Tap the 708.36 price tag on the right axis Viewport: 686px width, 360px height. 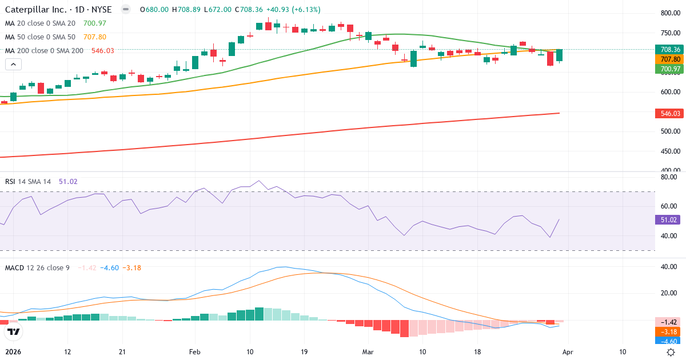tap(669, 50)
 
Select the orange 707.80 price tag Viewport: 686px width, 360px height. tap(669, 59)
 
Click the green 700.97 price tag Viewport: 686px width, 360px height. tap(669, 69)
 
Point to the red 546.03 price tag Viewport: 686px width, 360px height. tap(669, 114)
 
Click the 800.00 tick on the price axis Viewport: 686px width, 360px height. tap(669, 13)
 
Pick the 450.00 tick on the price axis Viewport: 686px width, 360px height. tap(669, 151)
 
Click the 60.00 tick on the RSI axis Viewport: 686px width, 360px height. tap(668, 206)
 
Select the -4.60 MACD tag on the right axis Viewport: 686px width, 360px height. tap(669, 342)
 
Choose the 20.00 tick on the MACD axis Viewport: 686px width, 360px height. tap(668, 293)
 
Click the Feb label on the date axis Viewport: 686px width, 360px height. tap(196, 352)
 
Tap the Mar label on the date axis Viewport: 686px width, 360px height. tap(368, 352)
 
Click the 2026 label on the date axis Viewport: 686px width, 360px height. tap(14, 352)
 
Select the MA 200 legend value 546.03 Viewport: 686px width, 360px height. tap(103, 51)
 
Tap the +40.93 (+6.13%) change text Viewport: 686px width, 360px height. tap(293, 10)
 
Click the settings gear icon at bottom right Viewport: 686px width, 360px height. tap(671, 352)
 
